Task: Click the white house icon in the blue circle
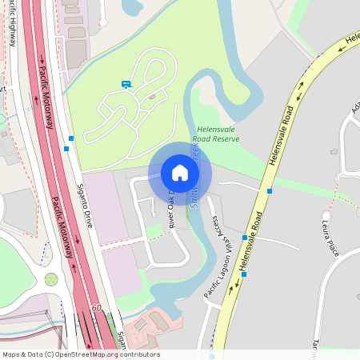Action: pos(180,173)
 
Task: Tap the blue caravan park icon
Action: pos(126,84)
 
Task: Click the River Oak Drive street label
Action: pos(170,210)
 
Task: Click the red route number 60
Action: pos(97,307)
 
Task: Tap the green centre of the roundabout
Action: pos(51,279)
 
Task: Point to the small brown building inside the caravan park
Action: pos(152,97)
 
